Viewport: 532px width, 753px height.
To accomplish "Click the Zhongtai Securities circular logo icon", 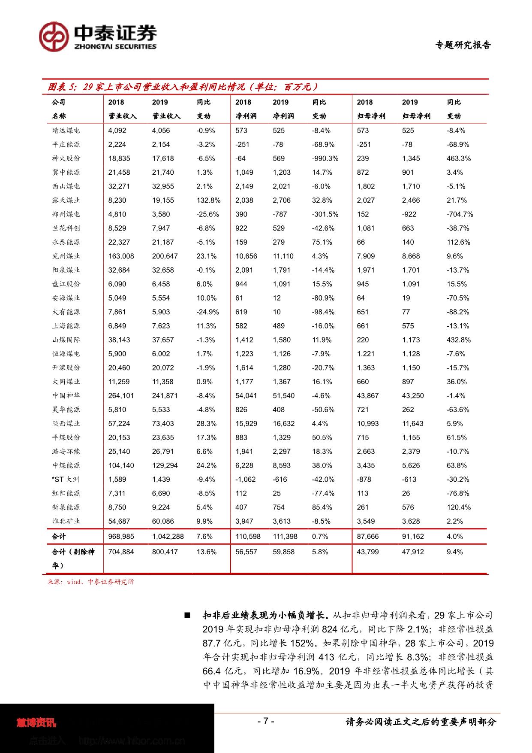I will pyautogui.click(x=54, y=36).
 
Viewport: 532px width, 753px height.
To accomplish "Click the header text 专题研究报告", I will pyautogui.click(x=463, y=45).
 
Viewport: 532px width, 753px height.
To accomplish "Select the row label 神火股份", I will pyautogui.click(x=66, y=158).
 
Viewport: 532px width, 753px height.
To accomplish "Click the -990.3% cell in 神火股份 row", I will pyautogui.click(x=325, y=158).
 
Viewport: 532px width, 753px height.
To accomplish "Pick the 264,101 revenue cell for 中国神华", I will pyautogui.click(x=121, y=396).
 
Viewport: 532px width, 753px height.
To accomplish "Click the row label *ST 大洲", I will pyautogui.click(x=66, y=480).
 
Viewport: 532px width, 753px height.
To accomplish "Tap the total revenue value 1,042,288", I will pyautogui.click(x=168, y=537).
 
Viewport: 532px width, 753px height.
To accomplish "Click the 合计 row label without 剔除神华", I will pyautogui.click(x=59, y=537).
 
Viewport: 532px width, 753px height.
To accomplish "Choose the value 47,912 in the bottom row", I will pyautogui.click(x=413, y=552).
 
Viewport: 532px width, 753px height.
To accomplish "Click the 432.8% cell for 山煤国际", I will pyautogui.click(x=458, y=340).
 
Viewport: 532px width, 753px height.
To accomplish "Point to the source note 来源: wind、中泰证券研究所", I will pyautogui.click(x=90, y=582).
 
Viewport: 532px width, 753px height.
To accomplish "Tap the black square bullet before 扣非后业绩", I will pyautogui.click(x=187, y=616).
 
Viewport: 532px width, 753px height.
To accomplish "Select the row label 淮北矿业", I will pyautogui.click(x=66, y=521).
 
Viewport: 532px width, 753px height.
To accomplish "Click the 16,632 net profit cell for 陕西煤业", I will pyautogui.click(x=283, y=424).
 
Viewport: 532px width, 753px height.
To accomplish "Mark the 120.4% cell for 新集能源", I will pyautogui.click(x=458, y=507).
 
